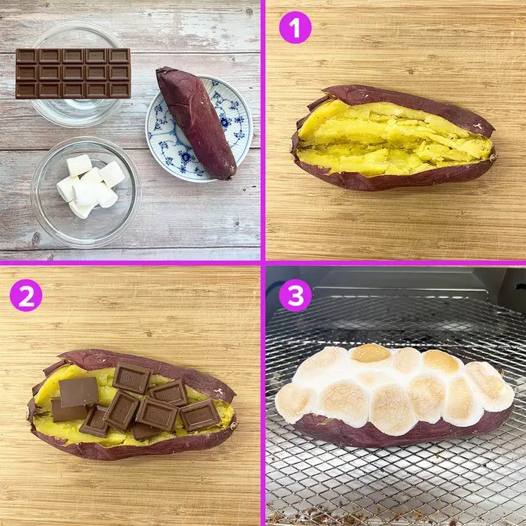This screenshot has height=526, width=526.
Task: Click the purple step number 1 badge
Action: click(x=295, y=27)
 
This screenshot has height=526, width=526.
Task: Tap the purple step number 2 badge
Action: click(x=26, y=295)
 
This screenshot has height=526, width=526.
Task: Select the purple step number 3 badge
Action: click(x=295, y=295)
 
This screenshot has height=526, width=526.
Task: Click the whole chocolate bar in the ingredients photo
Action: click(x=73, y=73)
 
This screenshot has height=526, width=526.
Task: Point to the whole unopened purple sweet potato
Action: click(x=196, y=122)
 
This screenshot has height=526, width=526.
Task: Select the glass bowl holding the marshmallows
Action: click(x=86, y=192)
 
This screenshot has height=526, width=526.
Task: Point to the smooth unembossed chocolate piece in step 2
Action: click(x=78, y=391)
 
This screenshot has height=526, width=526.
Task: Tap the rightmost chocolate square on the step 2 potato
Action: click(x=201, y=416)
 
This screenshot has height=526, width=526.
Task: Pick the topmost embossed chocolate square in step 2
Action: click(x=131, y=377)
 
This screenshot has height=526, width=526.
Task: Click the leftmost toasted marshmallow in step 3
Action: click(x=295, y=403)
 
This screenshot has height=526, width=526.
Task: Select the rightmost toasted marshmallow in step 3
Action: click(x=491, y=385)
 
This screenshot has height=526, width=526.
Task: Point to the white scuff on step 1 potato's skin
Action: click(x=477, y=126)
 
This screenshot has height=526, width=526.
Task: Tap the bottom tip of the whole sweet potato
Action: click(x=231, y=177)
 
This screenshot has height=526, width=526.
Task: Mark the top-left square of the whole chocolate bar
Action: click(x=27, y=56)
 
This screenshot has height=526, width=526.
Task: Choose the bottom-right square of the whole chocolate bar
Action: click(x=119, y=89)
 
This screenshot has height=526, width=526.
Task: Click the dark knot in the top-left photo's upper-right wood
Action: click(x=249, y=13)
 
